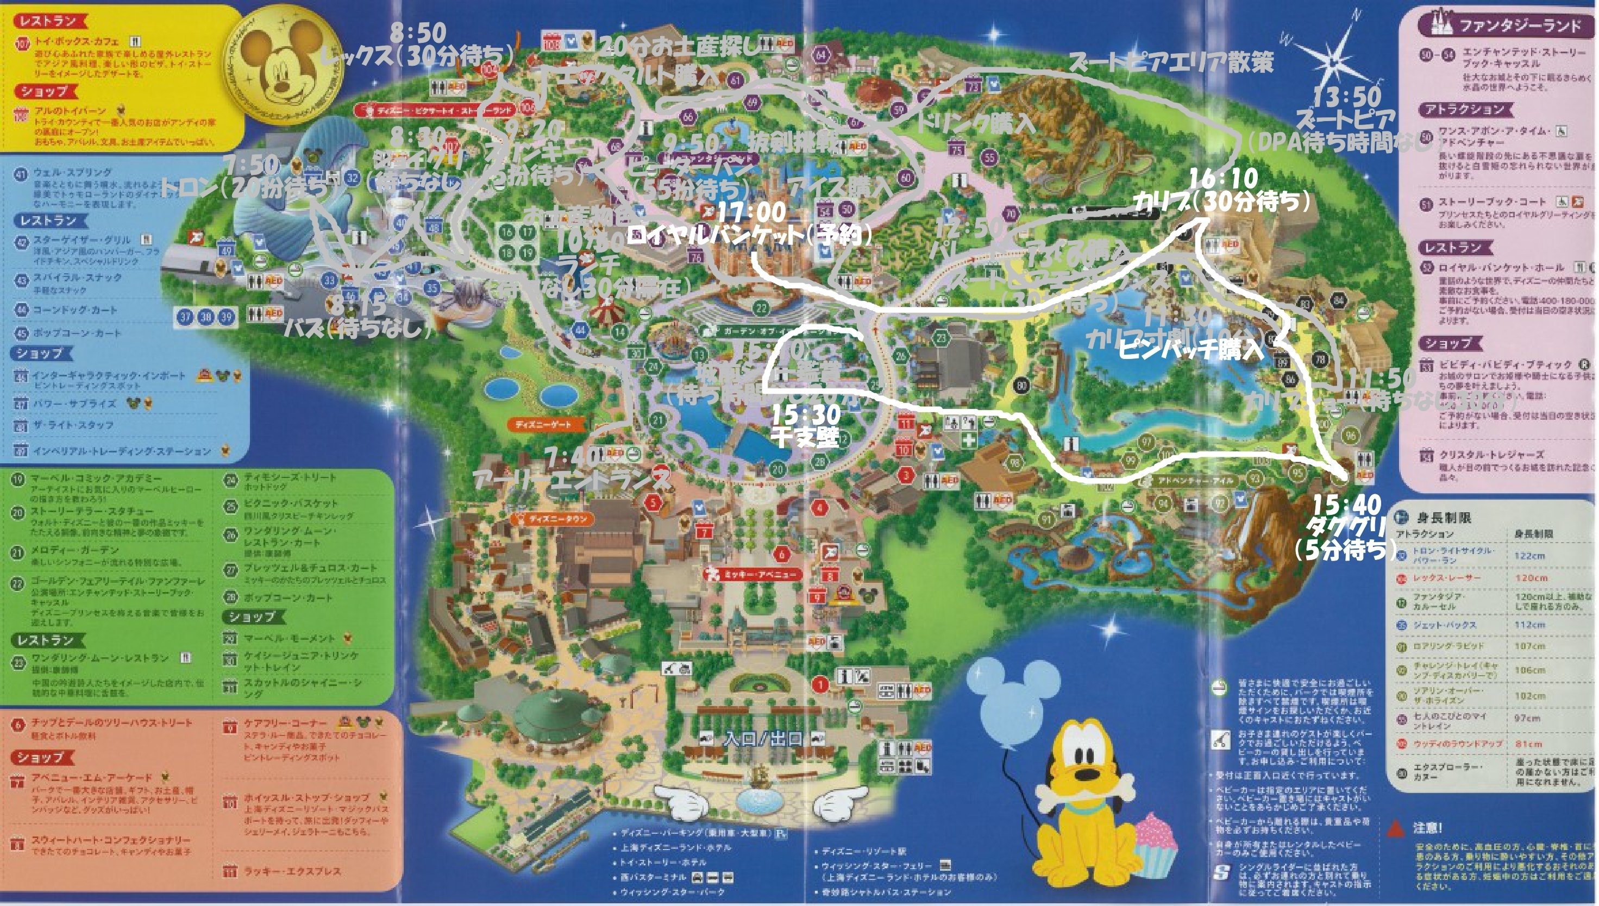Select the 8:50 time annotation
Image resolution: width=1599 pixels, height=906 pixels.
[419, 33]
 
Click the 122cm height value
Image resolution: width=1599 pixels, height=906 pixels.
[1529, 556]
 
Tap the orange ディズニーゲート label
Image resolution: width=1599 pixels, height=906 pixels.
[542, 424]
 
